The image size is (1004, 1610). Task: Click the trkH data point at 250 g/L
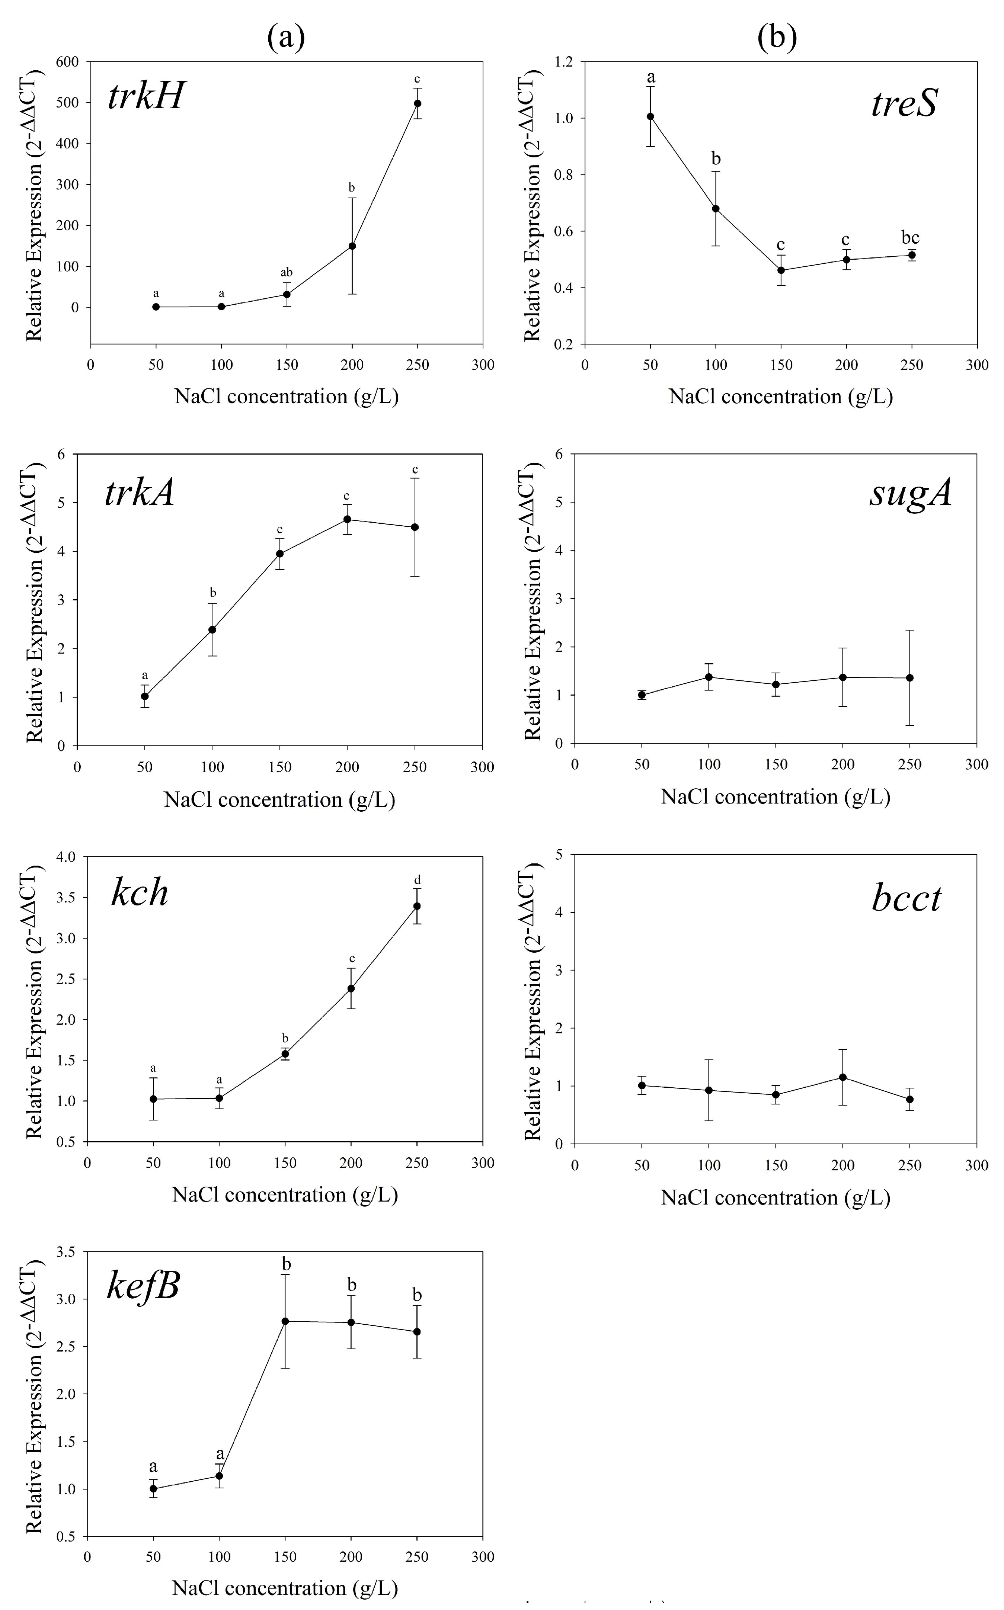418,103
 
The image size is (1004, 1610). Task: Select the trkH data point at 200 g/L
352,246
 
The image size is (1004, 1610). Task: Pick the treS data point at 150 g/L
781,270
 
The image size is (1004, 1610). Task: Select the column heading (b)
777,38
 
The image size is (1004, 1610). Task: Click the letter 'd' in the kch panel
417,881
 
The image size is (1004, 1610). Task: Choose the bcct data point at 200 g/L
842,1077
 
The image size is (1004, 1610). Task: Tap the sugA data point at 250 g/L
910,677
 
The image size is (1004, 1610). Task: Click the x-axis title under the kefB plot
285,1587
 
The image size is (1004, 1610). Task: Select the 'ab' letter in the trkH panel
286,273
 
